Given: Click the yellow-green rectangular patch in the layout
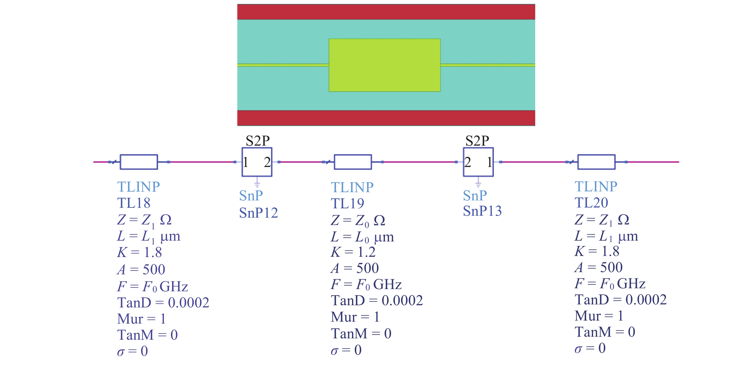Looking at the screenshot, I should (384, 65).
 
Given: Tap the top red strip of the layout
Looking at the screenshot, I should (386, 12).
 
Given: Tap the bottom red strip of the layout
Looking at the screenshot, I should (386, 118).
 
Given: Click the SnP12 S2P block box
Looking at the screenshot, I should (257, 162).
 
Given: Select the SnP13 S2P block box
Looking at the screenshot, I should (478, 162).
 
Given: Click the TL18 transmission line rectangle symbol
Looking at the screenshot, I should (139, 162).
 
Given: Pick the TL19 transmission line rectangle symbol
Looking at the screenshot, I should (353, 162).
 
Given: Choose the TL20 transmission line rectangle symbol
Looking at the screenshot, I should (596, 162).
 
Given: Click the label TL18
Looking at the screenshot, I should (134, 203).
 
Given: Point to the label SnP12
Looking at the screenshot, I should (258, 213).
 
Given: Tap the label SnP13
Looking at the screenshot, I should (482, 211).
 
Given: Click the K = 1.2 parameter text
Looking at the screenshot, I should (353, 252).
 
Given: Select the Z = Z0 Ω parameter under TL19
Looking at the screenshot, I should (358, 221).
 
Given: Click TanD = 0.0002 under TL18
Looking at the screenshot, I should (163, 302).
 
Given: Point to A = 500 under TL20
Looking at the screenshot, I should (599, 267).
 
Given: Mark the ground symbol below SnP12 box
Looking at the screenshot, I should (257, 184).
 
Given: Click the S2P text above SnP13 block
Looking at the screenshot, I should (477, 141).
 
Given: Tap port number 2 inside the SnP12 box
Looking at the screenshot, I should (267, 162).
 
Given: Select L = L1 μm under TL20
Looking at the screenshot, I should (606, 236).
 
